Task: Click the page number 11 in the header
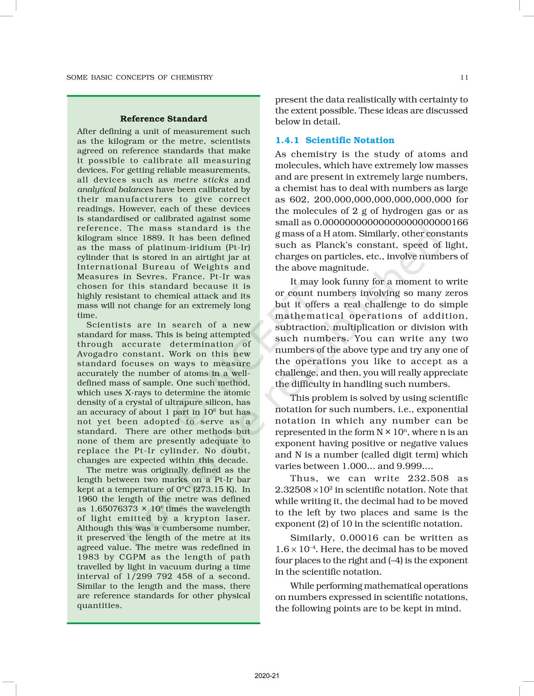(x=464, y=77)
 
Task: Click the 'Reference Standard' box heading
(x=164, y=119)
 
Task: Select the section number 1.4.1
(x=287, y=141)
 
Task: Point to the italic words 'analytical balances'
(x=115, y=189)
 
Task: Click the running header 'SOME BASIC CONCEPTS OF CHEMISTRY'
(x=140, y=77)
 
